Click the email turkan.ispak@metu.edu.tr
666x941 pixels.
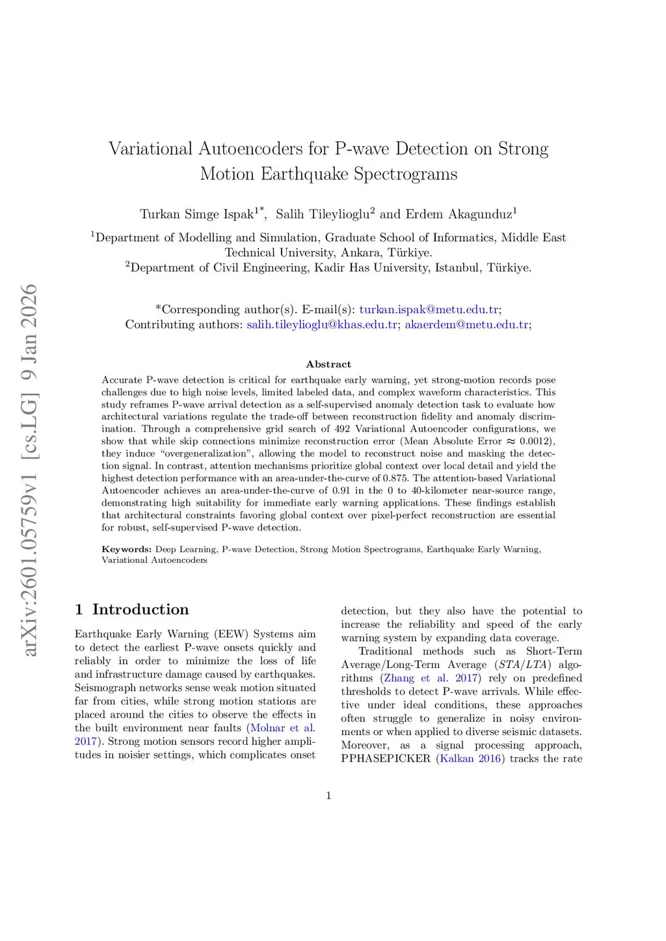pos(429,309)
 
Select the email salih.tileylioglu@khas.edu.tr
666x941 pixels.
pos(322,324)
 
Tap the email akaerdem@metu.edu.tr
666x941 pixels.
pos(466,324)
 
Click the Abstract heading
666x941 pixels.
pos(328,364)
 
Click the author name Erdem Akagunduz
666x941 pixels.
pos(459,214)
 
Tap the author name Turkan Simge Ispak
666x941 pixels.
pos(196,214)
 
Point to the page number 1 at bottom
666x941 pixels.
pos(328,795)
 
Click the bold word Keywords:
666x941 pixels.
pos(126,549)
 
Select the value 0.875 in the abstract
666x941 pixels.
pos(395,478)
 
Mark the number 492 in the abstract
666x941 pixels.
pos(342,429)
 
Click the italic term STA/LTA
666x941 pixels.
pos(524,664)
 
